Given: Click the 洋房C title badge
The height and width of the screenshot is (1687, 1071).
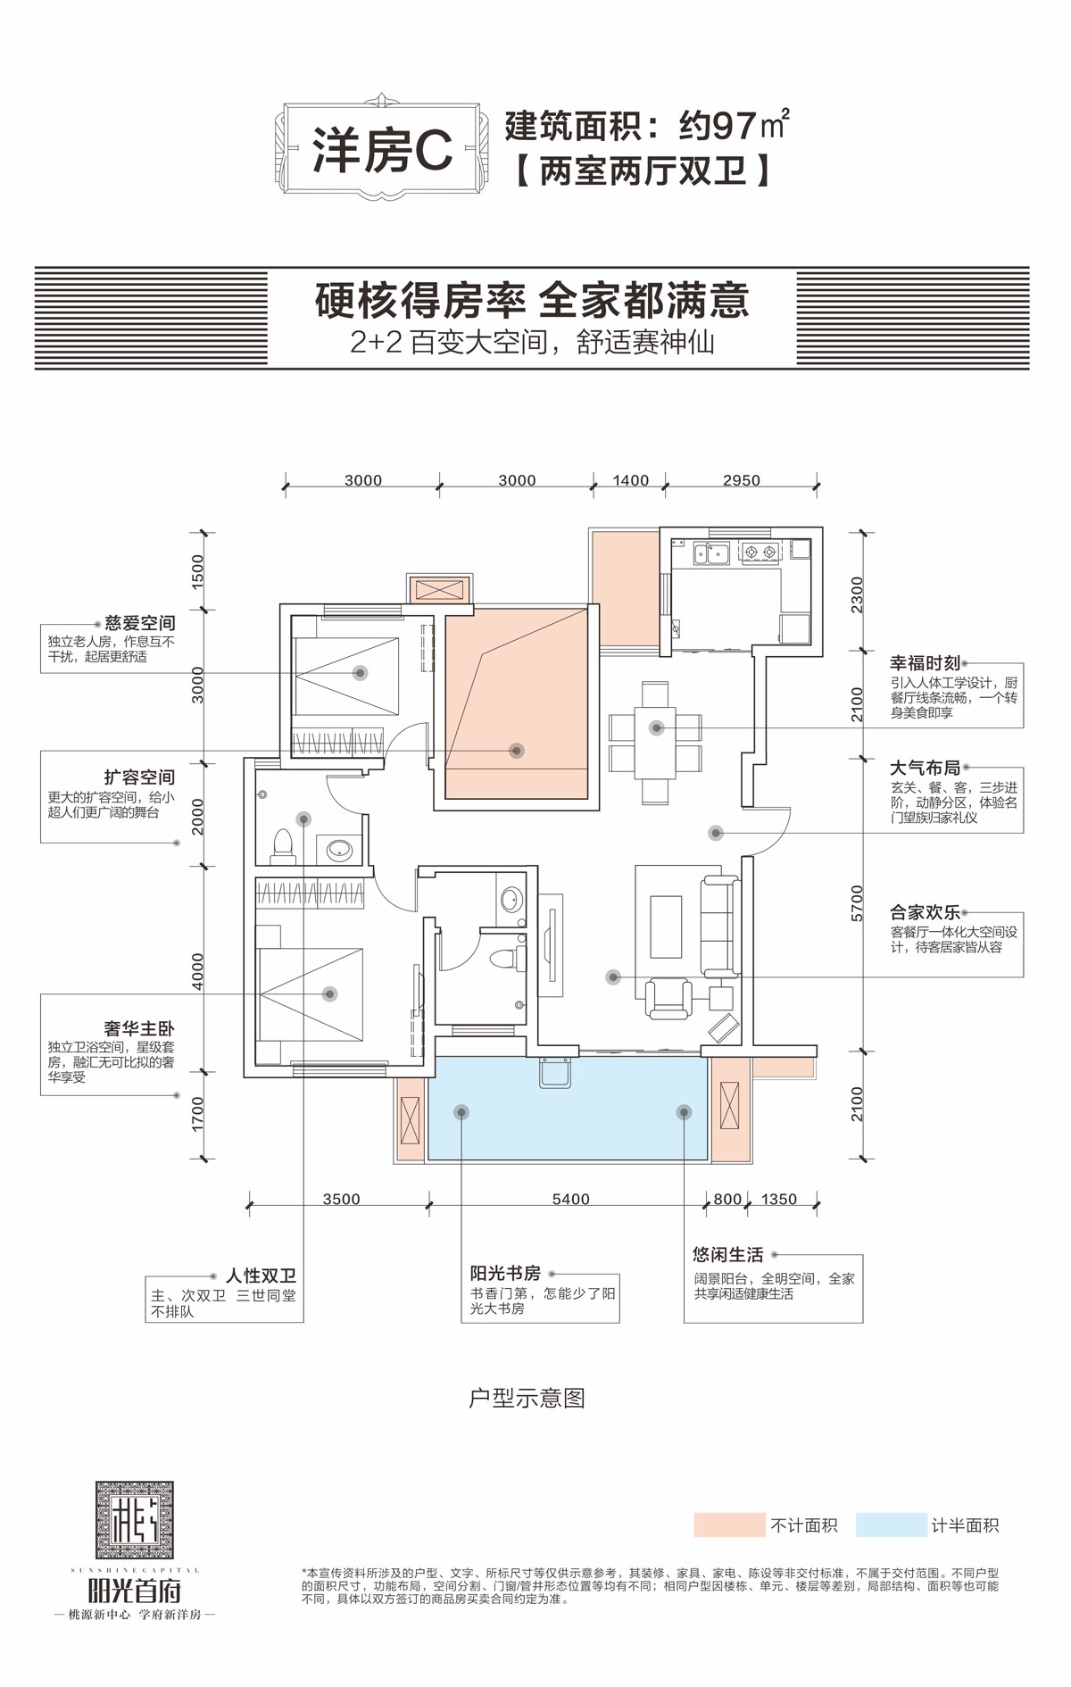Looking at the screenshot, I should [384, 149].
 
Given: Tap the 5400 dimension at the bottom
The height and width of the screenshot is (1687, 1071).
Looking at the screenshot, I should [570, 1199].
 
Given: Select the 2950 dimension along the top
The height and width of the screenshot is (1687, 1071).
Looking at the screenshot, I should [741, 480].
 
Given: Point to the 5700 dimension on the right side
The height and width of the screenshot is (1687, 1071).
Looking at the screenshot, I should [857, 903].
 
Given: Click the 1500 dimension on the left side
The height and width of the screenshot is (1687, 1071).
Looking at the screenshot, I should [198, 570].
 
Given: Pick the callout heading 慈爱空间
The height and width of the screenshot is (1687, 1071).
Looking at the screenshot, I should [139, 623].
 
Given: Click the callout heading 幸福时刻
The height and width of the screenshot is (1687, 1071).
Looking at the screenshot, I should [925, 662].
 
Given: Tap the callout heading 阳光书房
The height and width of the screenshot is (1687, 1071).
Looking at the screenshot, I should [505, 1273].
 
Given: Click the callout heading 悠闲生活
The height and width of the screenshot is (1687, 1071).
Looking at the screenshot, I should [728, 1254].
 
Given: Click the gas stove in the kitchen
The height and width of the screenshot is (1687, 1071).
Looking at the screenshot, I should [760, 553].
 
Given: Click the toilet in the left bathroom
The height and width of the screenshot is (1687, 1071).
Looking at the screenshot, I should [283, 844].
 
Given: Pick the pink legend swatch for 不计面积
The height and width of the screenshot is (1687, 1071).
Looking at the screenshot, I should [729, 1525].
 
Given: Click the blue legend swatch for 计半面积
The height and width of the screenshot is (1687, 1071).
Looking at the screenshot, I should [891, 1525].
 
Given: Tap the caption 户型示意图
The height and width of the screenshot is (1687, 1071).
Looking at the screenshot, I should [527, 1398].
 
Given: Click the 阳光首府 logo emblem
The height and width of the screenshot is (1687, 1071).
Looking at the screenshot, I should [135, 1520].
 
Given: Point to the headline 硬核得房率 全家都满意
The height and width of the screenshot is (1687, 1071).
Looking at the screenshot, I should [532, 301].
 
